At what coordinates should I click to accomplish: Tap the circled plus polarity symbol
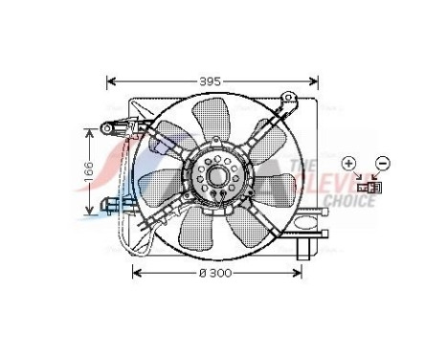point(349,163)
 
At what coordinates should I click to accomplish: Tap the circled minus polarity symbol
point(382,163)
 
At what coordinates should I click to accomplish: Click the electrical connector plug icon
point(365,187)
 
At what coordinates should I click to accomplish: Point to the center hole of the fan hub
point(219,176)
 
